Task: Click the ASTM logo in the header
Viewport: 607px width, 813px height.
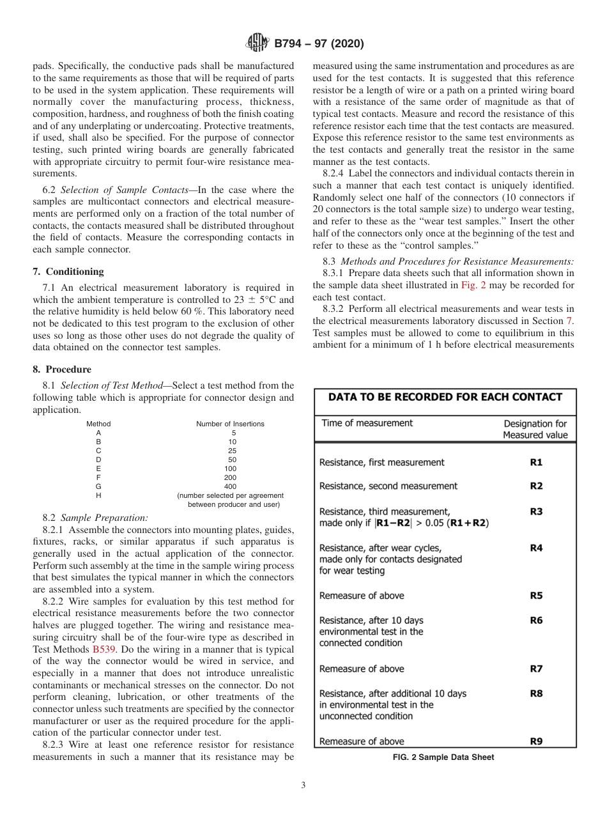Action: (x=257, y=43)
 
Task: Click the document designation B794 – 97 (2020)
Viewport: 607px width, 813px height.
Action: (x=319, y=44)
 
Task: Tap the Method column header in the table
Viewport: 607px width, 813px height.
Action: (x=98, y=424)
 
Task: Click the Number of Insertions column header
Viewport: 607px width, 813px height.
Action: (x=230, y=424)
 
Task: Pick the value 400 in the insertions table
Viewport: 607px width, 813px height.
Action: (x=230, y=486)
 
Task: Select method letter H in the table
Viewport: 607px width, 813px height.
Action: (x=98, y=495)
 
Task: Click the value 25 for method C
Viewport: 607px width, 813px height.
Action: (x=230, y=451)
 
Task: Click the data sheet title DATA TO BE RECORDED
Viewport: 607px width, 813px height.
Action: (x=445, y=397)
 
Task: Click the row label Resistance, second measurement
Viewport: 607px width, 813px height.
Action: (x=388, y=486)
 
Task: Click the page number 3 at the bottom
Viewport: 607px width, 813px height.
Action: (x=303, y=786)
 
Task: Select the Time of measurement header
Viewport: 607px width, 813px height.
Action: (x=367, y=423)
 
